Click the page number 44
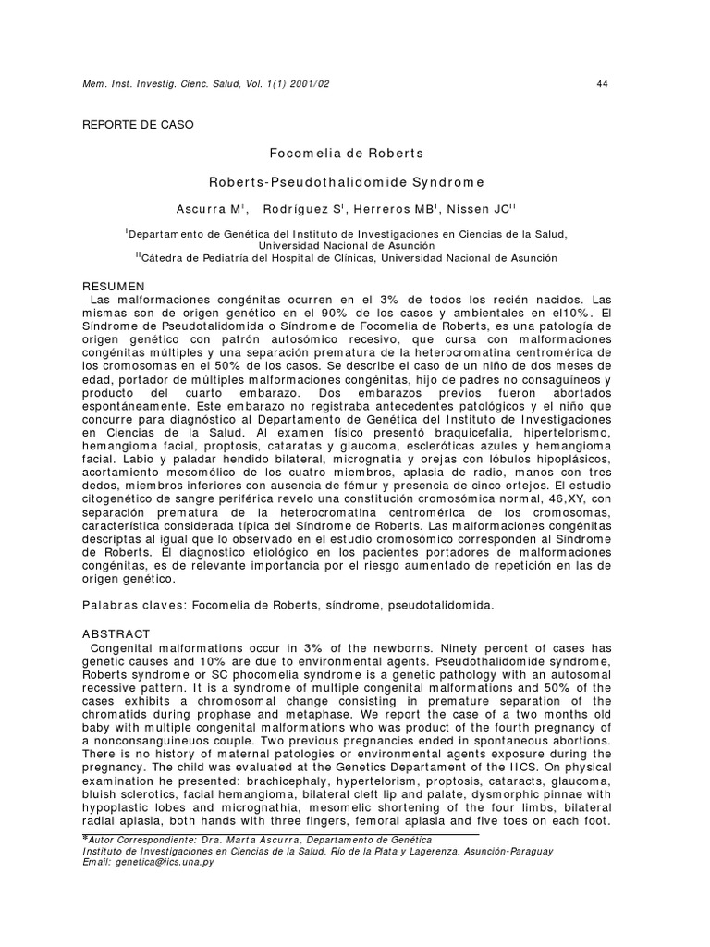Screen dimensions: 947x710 (x=602, y=84)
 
